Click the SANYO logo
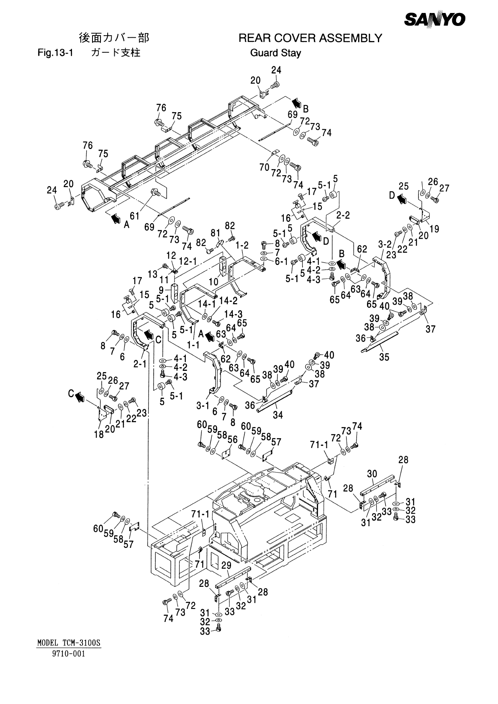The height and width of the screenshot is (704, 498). tap(434, 20)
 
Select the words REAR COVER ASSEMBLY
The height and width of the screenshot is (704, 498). tap(310, 38)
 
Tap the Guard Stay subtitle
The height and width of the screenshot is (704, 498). tap(275, 53)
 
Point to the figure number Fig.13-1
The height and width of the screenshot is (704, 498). tap(55, 52)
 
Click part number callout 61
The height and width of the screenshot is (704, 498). tap(134, 216)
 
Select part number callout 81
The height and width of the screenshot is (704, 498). tap(215, 233)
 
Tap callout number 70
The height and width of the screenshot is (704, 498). tap(264, 167)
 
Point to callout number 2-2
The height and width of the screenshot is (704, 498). tap(343, 215)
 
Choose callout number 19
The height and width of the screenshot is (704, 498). tap(434, 229)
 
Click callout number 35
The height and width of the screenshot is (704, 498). tap(384, 357)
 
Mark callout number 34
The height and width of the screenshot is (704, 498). tap(278, 415)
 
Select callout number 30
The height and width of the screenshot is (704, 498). tap(372, 474)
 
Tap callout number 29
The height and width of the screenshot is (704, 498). tap(226, 565)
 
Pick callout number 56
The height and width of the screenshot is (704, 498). tap(233, 439)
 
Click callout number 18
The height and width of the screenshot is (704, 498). tap(99, 434)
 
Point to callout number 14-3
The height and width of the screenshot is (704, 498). tap(233, 314)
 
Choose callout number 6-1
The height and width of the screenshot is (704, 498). tap(281, 261)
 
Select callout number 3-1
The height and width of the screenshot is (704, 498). tap(203, 406)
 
